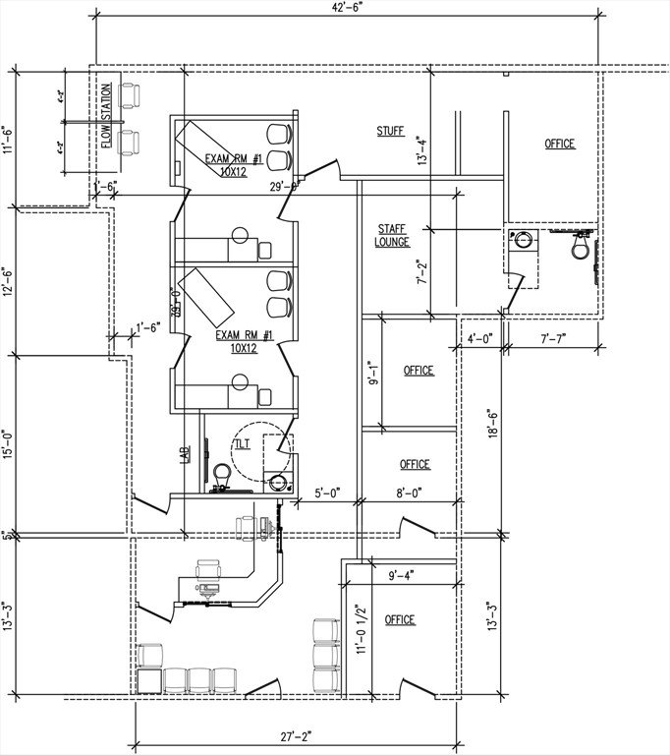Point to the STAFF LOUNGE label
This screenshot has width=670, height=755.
tap(392, 235)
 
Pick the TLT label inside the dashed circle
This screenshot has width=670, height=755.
tap(242, 444)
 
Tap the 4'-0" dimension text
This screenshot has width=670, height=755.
tap(479, 339)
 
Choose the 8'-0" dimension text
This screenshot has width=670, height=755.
tap(408, 494)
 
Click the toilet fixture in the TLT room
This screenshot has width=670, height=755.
tap(223, 475)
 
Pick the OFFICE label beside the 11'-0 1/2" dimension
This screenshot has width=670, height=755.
tap(400, 620)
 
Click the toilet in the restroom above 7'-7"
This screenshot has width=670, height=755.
tap(580, 247)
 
